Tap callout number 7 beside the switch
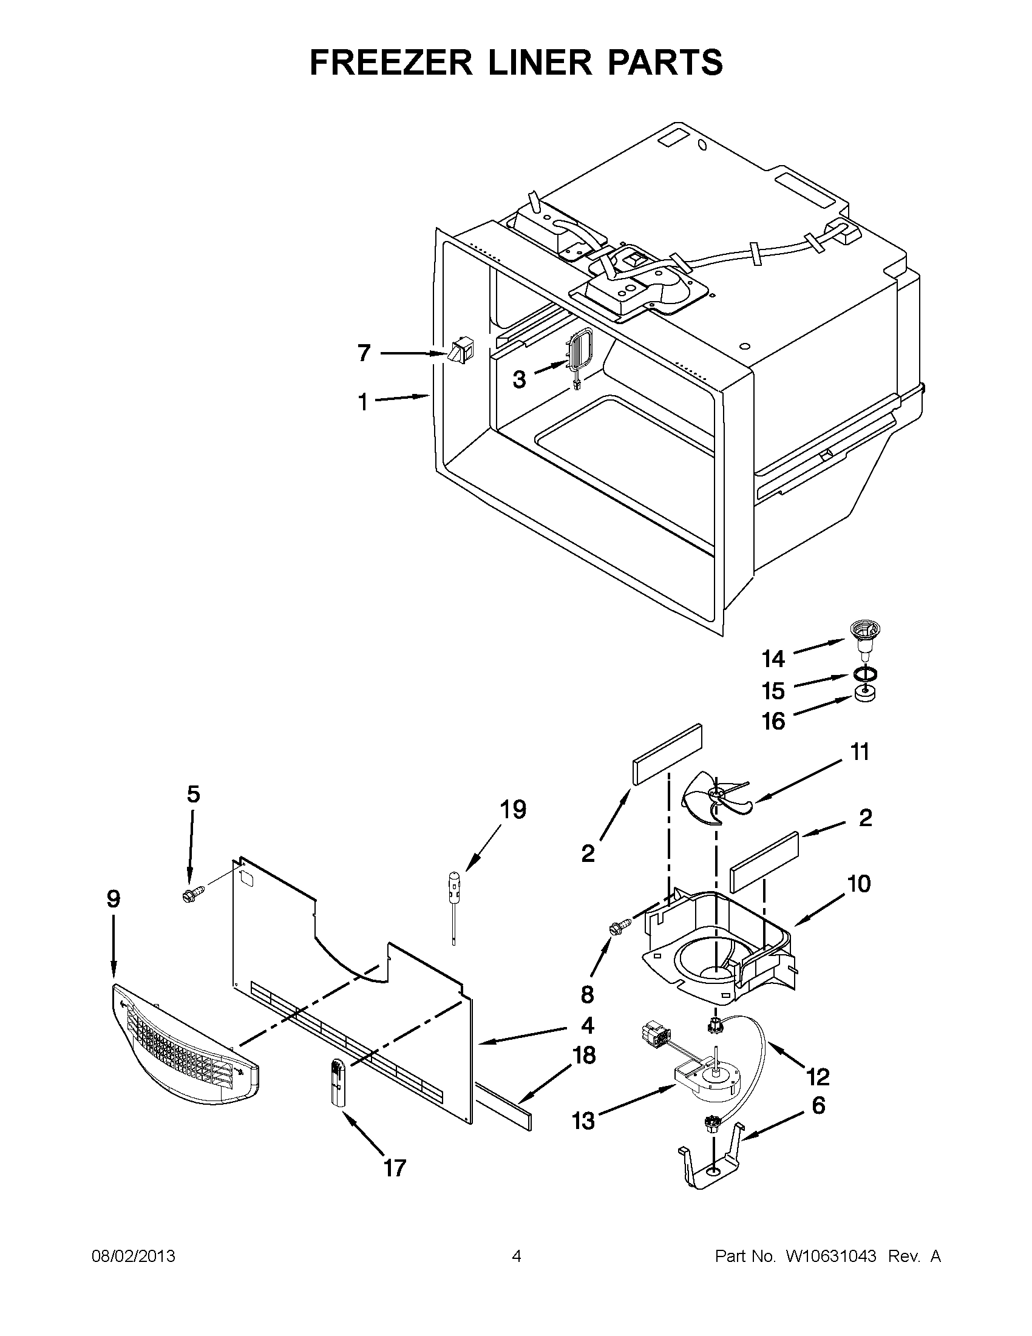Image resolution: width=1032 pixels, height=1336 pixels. pyautogui.click(x=364, y=353)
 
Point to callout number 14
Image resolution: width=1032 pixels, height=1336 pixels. pyautogui.click(x=773, y=659)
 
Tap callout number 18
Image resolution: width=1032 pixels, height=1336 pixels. pyautogui.click(x=585, y=1055)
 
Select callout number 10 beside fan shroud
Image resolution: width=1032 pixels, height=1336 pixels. pyautogui.click(x=859, y=883)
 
